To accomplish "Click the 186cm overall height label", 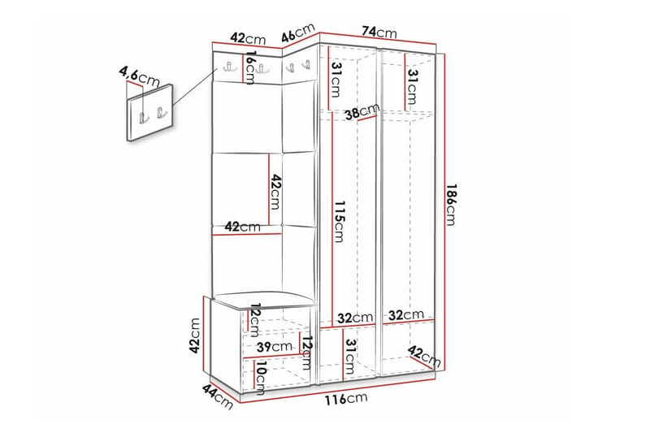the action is [451, 204].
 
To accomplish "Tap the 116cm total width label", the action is [346, 399].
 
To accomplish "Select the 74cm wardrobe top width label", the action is [379, 32].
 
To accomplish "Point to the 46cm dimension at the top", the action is [298, 32].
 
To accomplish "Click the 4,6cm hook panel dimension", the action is [139, 76].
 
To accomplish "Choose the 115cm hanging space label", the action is [340, 222].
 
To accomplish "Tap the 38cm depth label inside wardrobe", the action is [362, 111].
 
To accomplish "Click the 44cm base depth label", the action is [218, 396].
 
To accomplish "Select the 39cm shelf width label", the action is [274, 346].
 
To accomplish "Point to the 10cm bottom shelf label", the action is [261, 376].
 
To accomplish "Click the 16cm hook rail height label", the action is [250, 67].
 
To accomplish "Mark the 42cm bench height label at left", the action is [194, 336].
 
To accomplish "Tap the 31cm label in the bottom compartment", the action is [350, 357].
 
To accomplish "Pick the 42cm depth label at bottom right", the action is [424, 357].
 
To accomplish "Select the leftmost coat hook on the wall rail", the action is [228, 67].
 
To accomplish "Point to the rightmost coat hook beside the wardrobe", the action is [307, 65].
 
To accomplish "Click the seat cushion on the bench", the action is [263, 300].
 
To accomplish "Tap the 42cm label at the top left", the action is [248, 38].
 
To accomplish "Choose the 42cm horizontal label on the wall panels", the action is [242, 227].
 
